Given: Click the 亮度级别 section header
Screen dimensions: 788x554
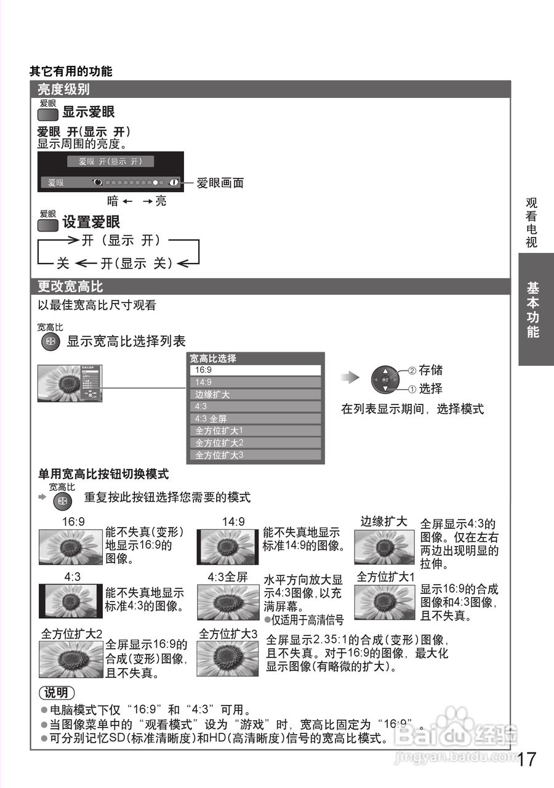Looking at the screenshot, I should (x=63, y=89).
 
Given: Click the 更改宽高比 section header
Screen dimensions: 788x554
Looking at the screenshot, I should (x=70, y=287).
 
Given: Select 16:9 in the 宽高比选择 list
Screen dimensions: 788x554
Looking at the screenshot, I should (x=255, y=371).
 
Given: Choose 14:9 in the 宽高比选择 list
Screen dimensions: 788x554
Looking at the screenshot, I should (x=255, y=382).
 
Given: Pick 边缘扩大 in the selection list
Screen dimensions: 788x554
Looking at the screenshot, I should (x=255, y=395).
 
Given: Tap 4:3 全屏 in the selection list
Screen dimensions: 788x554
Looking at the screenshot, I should (x=255, y=419).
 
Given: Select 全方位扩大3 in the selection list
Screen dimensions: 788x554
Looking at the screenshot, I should (x=255, y=455).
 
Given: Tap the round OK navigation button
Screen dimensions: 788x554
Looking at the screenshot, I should (x=385, y=380).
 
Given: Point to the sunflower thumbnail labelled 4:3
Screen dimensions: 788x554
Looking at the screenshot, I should (x=70, y=601).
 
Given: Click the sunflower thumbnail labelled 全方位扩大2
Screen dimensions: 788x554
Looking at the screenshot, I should (x=70, y=659).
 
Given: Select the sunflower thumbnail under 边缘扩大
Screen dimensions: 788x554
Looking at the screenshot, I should (x=384, y=547).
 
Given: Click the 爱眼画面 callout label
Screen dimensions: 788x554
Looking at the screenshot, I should (x=220, y=183).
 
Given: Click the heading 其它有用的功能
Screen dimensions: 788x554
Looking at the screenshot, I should (x=71, y=71).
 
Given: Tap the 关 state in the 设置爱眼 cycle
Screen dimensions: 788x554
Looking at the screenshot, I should (x=63, y=263).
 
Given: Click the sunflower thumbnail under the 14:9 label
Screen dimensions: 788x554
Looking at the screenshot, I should (x=228, y=547).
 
